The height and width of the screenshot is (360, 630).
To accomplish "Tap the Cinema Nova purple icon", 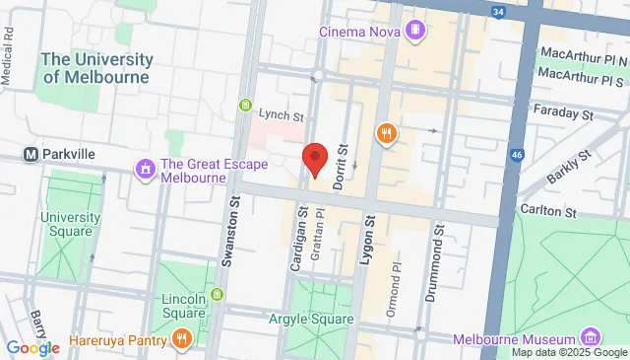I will tap(416, 30).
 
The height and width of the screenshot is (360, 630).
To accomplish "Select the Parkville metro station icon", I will tap(31, 155).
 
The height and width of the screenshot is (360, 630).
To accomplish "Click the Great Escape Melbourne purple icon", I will tap(146, 171).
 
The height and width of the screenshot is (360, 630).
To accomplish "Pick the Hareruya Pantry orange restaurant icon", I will tap(181, 340).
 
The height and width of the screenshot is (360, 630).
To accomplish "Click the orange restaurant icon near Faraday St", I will tap(386, 131).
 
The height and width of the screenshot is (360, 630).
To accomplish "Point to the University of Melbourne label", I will tap(95, 68).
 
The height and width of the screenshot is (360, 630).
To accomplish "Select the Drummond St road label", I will tap(439, 249).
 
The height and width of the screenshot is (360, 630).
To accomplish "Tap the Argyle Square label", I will tap(310, 319).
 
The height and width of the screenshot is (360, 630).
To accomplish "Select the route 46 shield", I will tap(516, 156).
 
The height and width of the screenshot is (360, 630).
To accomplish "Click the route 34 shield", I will tap(499, 12).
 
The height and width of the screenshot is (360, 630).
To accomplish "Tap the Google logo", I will tap(32, 347).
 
